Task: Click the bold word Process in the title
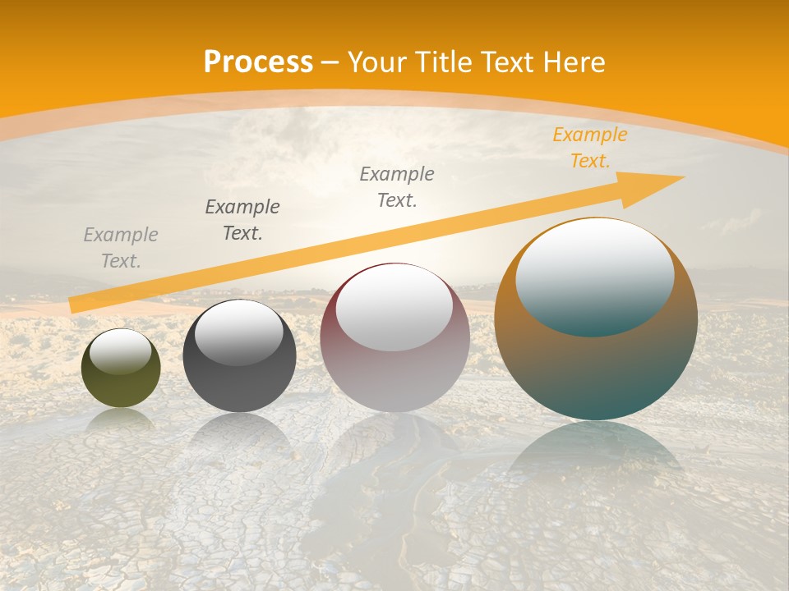click(x=258, y=62)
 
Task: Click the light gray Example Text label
click(x=121, y=248)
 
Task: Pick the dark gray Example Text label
click(x=242, y=220)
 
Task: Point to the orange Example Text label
click(x=589, y=148)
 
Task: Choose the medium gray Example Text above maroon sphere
click(x=397, y=186)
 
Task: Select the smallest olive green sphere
click(x=121, y=386)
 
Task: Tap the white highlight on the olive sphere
click(x=121, y=351)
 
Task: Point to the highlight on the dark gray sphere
click(x=239, y=332)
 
